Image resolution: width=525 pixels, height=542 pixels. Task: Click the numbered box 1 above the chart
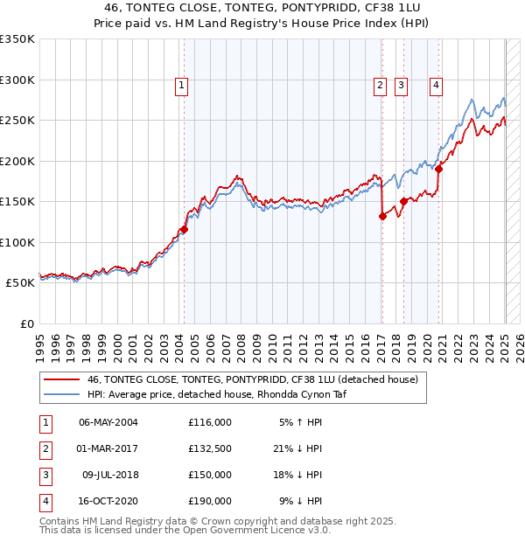tap(181, 85)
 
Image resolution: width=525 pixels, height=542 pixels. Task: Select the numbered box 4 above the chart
tap(435, 85)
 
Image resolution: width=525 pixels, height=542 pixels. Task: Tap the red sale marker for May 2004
tap(184, 230)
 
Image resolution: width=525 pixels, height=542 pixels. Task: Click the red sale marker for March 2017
tap(382, 217)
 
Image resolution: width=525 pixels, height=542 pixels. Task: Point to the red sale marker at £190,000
tap(438, 170)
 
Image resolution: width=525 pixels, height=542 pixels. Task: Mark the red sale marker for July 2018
tap(403, 202)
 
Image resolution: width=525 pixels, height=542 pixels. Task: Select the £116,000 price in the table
tap(209, 421)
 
